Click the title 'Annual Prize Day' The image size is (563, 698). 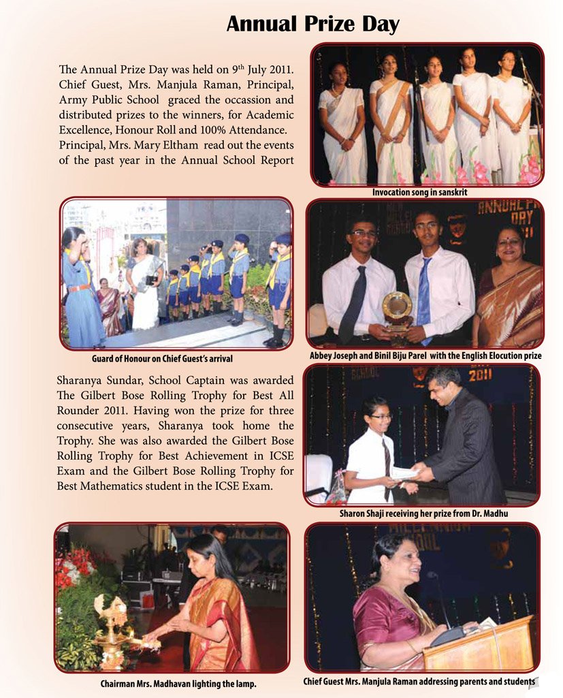(312, 24)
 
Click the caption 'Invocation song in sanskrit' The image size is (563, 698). (419, 193)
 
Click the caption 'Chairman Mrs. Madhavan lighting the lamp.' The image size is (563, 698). (175, 683)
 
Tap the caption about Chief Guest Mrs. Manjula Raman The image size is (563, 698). (419, 681)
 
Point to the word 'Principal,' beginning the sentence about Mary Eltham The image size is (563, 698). (81, 146)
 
